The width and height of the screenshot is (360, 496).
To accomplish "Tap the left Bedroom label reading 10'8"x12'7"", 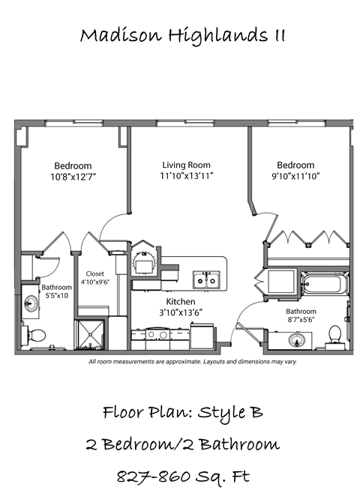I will click(x=73, y=177).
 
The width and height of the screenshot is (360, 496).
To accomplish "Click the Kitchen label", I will click(x=181, y=302).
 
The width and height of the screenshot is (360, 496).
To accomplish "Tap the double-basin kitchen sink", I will click(x=204, y=280).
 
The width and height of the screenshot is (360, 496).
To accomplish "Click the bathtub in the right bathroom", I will click(x=324, y=285).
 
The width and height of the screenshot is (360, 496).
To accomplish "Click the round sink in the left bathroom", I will click(x=32, y=304).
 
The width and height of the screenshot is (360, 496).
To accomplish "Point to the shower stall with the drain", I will click(x=90, y=334).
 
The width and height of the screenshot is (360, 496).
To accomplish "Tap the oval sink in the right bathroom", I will click(x=295, y=341).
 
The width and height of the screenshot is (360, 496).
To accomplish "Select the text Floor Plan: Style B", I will click(x=182, y=412).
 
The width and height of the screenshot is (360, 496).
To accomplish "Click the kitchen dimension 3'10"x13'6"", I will click(x=181, y=312).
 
